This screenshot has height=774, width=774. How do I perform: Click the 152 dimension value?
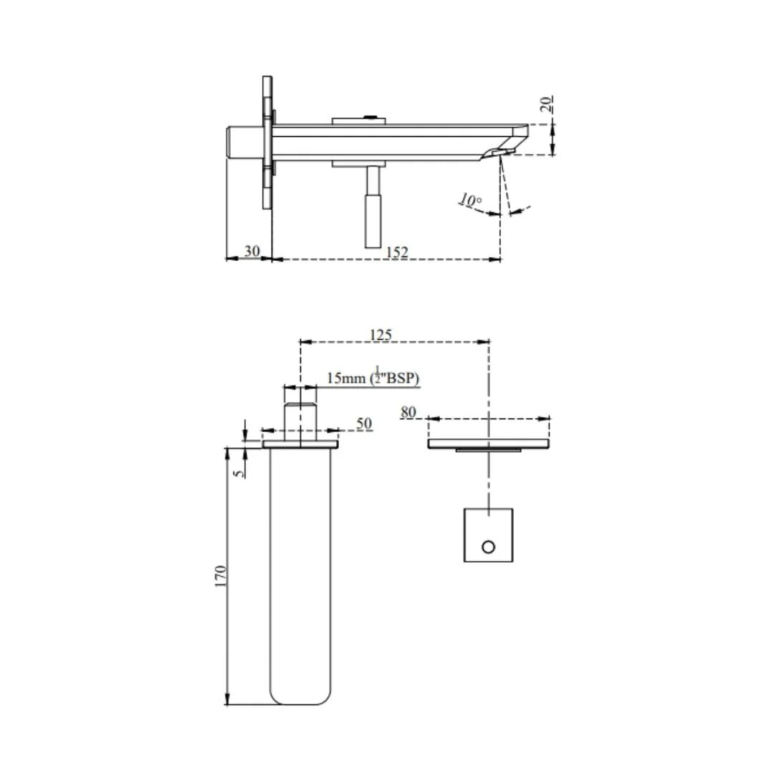tap(397, 252)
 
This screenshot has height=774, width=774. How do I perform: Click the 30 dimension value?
tap(252, 251)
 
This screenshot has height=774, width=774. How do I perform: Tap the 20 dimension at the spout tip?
tap(548, 105)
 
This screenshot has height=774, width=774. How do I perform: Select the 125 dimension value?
tap(381, 335)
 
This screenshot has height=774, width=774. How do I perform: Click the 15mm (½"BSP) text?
tap(372, 378)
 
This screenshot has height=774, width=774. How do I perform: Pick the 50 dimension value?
tap(364, 424)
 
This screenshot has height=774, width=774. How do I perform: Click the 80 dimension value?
tap(408, 412)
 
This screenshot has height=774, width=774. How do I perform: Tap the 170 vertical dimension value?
tap(221, 576)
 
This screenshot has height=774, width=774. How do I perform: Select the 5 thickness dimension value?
tap(239, 472)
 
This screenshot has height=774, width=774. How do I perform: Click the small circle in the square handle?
tap(488, 547)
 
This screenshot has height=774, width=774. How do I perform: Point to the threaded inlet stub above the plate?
tap(300, 423)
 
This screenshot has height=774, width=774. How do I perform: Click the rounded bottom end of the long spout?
tap(301, 694)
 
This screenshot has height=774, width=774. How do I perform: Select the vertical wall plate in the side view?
tap(267, 143)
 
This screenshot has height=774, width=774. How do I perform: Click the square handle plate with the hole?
tap(488, 535)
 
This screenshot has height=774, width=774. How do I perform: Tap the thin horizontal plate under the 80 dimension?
tap(489, 444)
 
